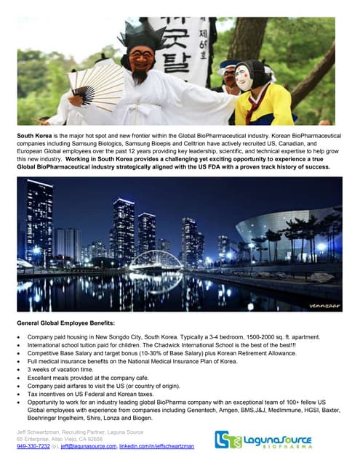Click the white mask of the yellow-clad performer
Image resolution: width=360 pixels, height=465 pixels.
pos(244,76)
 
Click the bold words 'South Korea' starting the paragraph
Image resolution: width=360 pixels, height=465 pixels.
pos(36,136)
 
